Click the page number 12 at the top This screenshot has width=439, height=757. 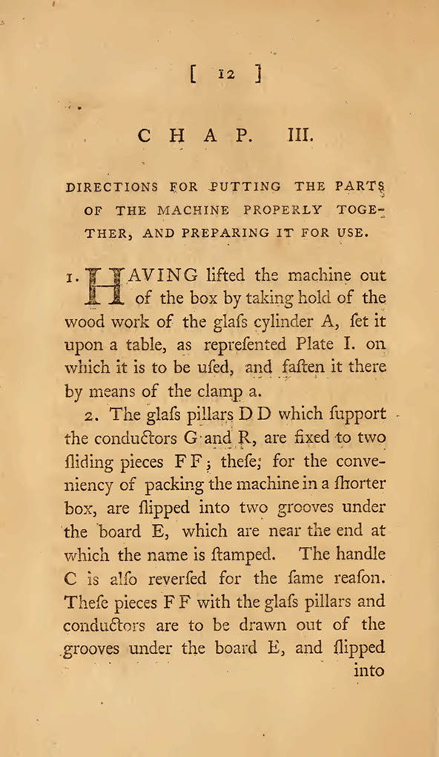[x=226, y=74]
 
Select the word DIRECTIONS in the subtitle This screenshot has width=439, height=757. [x=111, y=187]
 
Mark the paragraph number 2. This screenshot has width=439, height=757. [x=95, y=416]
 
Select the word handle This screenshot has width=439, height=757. [x=361, y=554]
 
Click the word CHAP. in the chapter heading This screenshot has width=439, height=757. [x=195, y=137]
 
